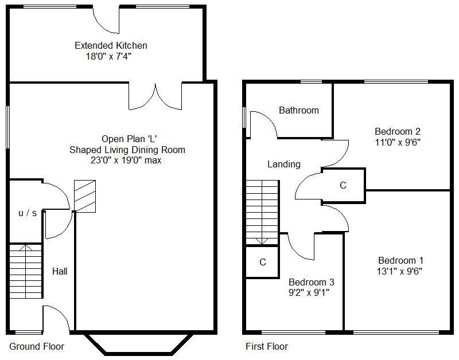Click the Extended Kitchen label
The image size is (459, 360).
[x=111, y=45]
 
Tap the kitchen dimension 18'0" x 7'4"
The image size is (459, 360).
[x=108, y=56]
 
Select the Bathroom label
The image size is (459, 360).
[x=299, y=110]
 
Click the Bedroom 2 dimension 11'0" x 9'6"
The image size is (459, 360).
[x=398, y=142]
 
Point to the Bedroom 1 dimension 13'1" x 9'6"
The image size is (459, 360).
[x=399, y=271]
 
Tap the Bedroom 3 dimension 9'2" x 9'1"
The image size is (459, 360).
[x=309, y=292]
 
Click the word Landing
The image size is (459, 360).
[x=284, y=165]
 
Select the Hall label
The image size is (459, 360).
[x=60, y=271]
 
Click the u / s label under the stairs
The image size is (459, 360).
[x=28, y=213]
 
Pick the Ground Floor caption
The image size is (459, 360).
[x=37, y=347]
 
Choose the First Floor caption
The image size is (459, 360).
[x=267, y=347]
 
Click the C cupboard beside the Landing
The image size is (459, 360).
[x=343, y=185]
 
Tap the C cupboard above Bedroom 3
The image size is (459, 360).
[x=263, y=262]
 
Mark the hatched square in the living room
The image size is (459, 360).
[x=85, y=196]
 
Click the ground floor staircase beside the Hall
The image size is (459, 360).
[x=26, y=271]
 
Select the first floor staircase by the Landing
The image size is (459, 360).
[x=262, y=212]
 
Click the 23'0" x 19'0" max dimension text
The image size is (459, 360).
[x=126, y=161]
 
